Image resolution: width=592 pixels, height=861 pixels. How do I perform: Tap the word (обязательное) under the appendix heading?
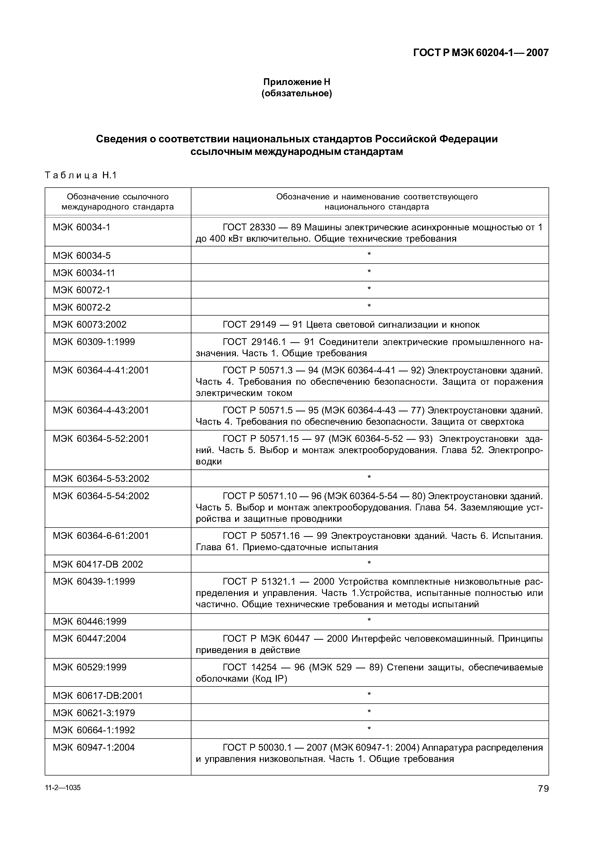coord(296,94)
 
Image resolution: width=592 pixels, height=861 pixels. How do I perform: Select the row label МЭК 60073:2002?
coord(89,324)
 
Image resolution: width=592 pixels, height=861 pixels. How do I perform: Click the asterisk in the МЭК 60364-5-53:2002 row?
coord(369,477)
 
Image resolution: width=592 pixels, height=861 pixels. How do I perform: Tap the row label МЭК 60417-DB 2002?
coord(98,564)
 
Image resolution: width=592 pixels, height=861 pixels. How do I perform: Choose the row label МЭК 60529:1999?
coord(89,667)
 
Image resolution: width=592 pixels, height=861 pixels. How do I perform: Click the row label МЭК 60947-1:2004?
coord(94,747)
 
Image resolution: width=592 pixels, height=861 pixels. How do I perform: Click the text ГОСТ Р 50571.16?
coord(266,536)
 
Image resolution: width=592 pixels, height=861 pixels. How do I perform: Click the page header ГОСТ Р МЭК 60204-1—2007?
coord(481,53)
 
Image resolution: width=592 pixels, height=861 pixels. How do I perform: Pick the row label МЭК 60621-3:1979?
coord(94,713)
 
